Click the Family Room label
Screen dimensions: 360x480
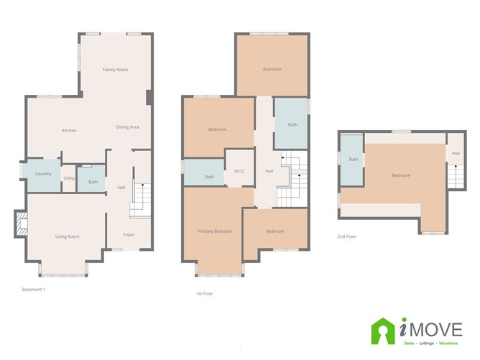(115, 70)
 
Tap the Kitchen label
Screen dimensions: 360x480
(69, 130)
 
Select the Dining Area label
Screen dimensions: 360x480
(127, 127)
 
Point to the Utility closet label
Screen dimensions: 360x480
(69, 178)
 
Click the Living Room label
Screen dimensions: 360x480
(68, 236)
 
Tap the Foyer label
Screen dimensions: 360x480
(129, 235)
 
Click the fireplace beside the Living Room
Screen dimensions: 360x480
(20, 224)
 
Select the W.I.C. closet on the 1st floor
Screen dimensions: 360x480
(240, 171)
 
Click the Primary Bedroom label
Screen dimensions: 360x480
(216, 231)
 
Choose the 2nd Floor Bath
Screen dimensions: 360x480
(354, 160)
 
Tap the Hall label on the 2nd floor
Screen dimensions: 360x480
(456, 153)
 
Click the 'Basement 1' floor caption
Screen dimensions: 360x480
(34, 289)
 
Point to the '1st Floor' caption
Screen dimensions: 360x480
(204, 293)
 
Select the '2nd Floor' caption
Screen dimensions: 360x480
(346, 236)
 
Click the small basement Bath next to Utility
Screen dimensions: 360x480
(93, 182)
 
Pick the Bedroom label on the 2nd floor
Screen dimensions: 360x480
(401, 175)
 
